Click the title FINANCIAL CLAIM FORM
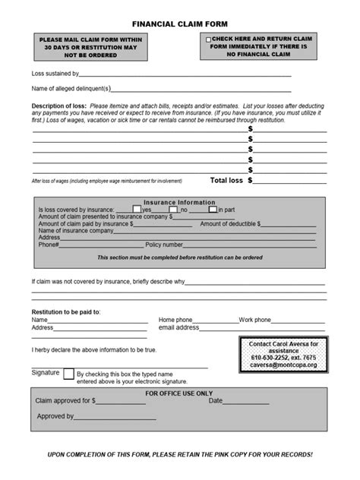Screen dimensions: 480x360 (180, 24)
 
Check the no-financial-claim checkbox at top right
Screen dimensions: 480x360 (207, 38)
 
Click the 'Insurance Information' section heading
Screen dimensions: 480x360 (180, 203)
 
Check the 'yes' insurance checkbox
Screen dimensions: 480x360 (137, 210)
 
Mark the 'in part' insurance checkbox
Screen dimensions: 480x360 (213, 210)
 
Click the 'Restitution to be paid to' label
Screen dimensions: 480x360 (66, 312)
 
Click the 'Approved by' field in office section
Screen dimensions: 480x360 (115, 417)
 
